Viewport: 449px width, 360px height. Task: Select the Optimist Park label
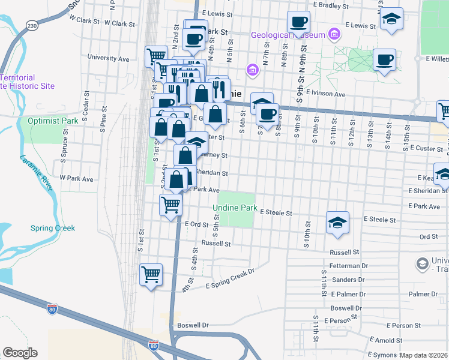coord(53,121)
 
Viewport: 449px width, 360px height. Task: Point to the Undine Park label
coord(235,209)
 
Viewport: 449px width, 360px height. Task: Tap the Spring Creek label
coord(53,228)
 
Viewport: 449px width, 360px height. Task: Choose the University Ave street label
coord(108,59)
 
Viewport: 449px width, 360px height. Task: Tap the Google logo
coord(20,353)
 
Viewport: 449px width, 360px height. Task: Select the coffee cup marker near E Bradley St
coord(298,23)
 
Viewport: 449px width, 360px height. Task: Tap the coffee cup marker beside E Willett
coord(384,60)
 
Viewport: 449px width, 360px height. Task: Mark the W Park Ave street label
coord(76,179)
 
